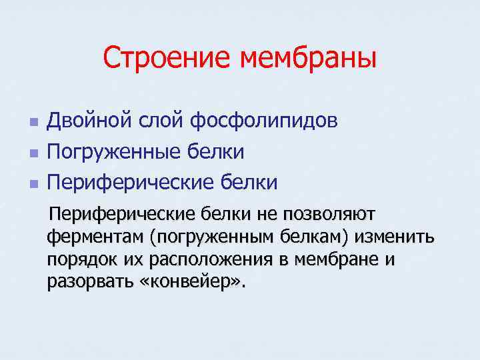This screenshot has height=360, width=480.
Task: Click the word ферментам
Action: coord(96,237)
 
